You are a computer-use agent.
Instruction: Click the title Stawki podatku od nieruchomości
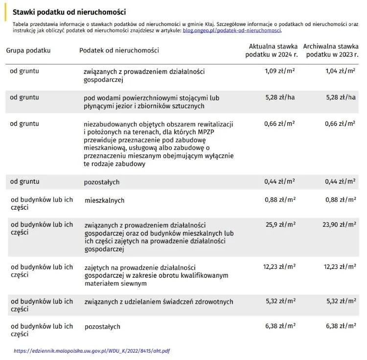[69, 12]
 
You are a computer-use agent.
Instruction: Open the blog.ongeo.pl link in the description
[231, 30]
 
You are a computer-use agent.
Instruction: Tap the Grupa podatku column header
[28, 50]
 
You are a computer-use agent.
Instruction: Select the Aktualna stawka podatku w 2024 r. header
[271, 50]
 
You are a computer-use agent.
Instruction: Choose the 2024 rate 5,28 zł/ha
[280, 97]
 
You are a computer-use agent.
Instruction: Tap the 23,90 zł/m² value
[338, 225]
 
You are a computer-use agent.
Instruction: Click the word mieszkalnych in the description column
[104, 200]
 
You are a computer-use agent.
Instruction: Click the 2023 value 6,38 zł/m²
[340, 326]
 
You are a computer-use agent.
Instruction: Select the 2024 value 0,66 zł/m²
[279, 124]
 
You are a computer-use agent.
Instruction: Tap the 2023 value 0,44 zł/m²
[340, 181]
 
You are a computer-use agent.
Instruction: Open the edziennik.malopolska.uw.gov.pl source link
[92, 351]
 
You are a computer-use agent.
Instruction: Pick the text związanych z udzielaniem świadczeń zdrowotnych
[159, 301]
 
